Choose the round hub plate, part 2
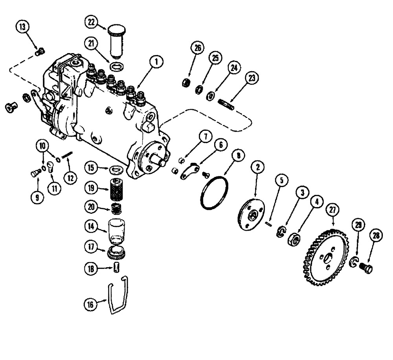[x=250, y=214]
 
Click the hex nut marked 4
[x=295, y=238]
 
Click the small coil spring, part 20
[x=116, y=210]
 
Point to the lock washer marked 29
[x=354, y=263]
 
